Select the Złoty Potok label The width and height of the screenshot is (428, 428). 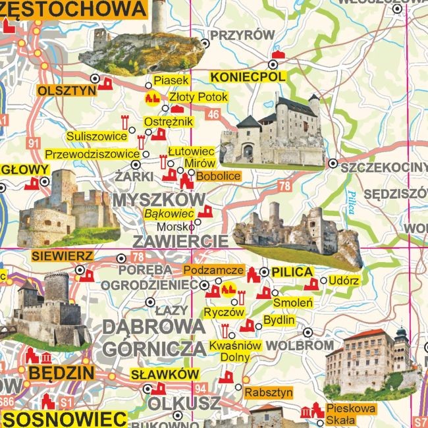pos(198,97)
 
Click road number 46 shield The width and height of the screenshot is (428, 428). pos(213,115)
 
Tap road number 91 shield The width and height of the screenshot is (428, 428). pos(34,142)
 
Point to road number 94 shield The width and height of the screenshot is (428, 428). pos(200,387)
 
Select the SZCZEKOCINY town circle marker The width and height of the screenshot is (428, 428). pos(333,163)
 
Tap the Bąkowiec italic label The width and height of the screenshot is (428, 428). pos(169,213)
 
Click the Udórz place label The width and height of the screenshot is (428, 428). pos(343,281)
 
